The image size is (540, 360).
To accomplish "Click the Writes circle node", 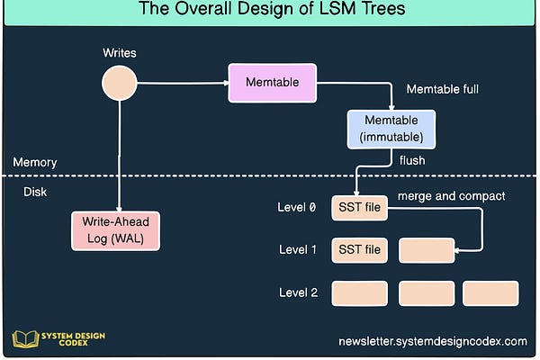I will click(x=119, y=84).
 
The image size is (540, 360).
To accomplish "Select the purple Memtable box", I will click(x=272, y=83).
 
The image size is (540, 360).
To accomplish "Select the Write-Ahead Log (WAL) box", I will click(x=114, y=230).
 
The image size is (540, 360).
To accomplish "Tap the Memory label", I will click(x=35, y=163).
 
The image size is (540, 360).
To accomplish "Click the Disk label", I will click(x=35, y=191).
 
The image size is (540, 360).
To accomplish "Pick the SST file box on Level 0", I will click(x=359, y=208).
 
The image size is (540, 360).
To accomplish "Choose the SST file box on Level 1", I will click(x=359, y=249).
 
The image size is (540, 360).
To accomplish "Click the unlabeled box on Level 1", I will click(x=426, y=249).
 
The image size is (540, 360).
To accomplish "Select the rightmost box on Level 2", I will click(x=490, y=293).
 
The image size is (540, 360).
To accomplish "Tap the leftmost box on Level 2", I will click(x=359, y=293).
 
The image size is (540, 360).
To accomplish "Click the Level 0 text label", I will click(x=296, y=208).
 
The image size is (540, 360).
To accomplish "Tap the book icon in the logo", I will click(x=24, y=339).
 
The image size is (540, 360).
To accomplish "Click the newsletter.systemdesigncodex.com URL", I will click(x=432, y=341).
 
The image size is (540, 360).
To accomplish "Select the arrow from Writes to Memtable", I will click(x=180, y=83).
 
